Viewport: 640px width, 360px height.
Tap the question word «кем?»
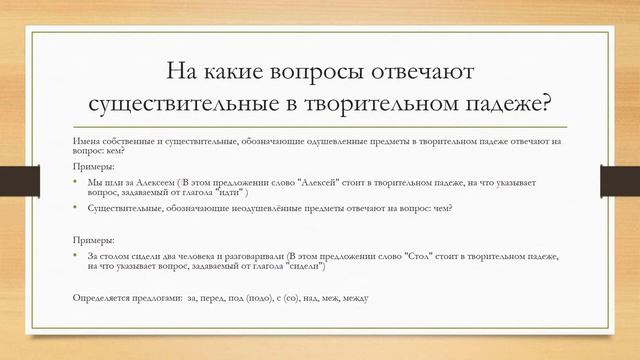126,152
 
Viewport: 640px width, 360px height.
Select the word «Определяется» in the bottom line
105,297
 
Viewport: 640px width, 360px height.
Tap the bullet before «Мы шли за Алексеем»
76,184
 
